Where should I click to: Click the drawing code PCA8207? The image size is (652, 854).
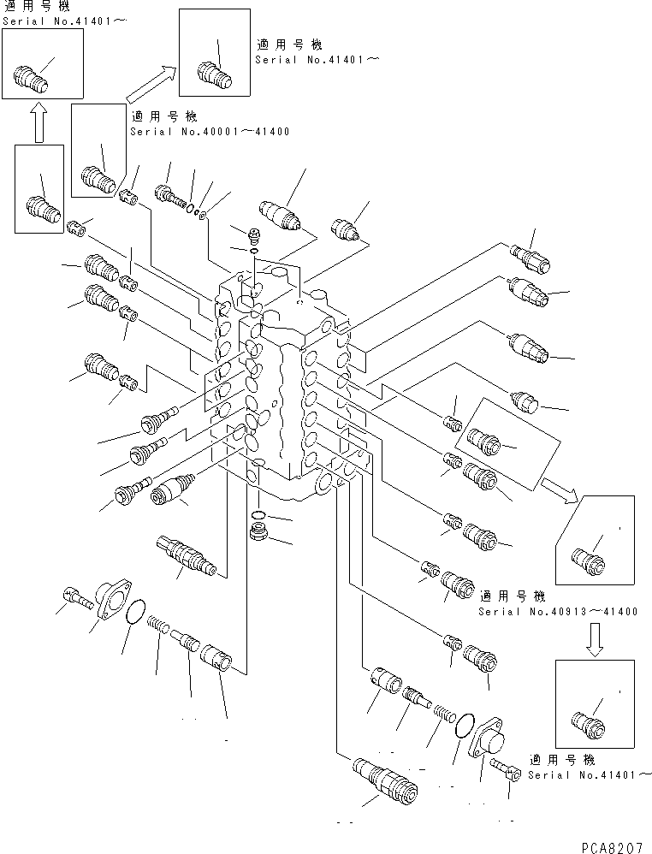[x=609, y=842]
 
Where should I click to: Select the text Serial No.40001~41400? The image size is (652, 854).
[x=210, y=132]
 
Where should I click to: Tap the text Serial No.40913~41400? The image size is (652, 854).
[x=557, y=612]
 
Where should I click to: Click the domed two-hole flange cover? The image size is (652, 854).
[x=490, y=736]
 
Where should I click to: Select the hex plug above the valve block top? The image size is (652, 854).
[x=252, y=234]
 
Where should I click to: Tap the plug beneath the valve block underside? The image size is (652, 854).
[x=257, y=534]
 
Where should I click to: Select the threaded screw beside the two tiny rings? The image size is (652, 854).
[x=171, y=196]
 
